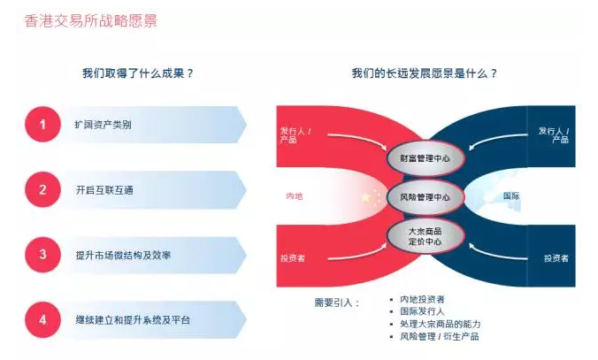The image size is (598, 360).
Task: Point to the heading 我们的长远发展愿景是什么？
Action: tap(424, 73)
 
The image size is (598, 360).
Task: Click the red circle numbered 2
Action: tap(42, 189)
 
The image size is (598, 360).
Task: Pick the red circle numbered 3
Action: tap(42, 254)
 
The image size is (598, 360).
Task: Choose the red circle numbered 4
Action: tap(42, 318)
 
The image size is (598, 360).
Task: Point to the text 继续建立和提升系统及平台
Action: tap(132, 319)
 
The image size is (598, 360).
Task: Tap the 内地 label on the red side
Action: tap(295, 195)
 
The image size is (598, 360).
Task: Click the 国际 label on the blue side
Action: tap(510, 195)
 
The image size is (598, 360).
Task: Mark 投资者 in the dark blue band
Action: tap(556, 258)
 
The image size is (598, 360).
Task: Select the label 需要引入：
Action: tap(337, 303)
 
